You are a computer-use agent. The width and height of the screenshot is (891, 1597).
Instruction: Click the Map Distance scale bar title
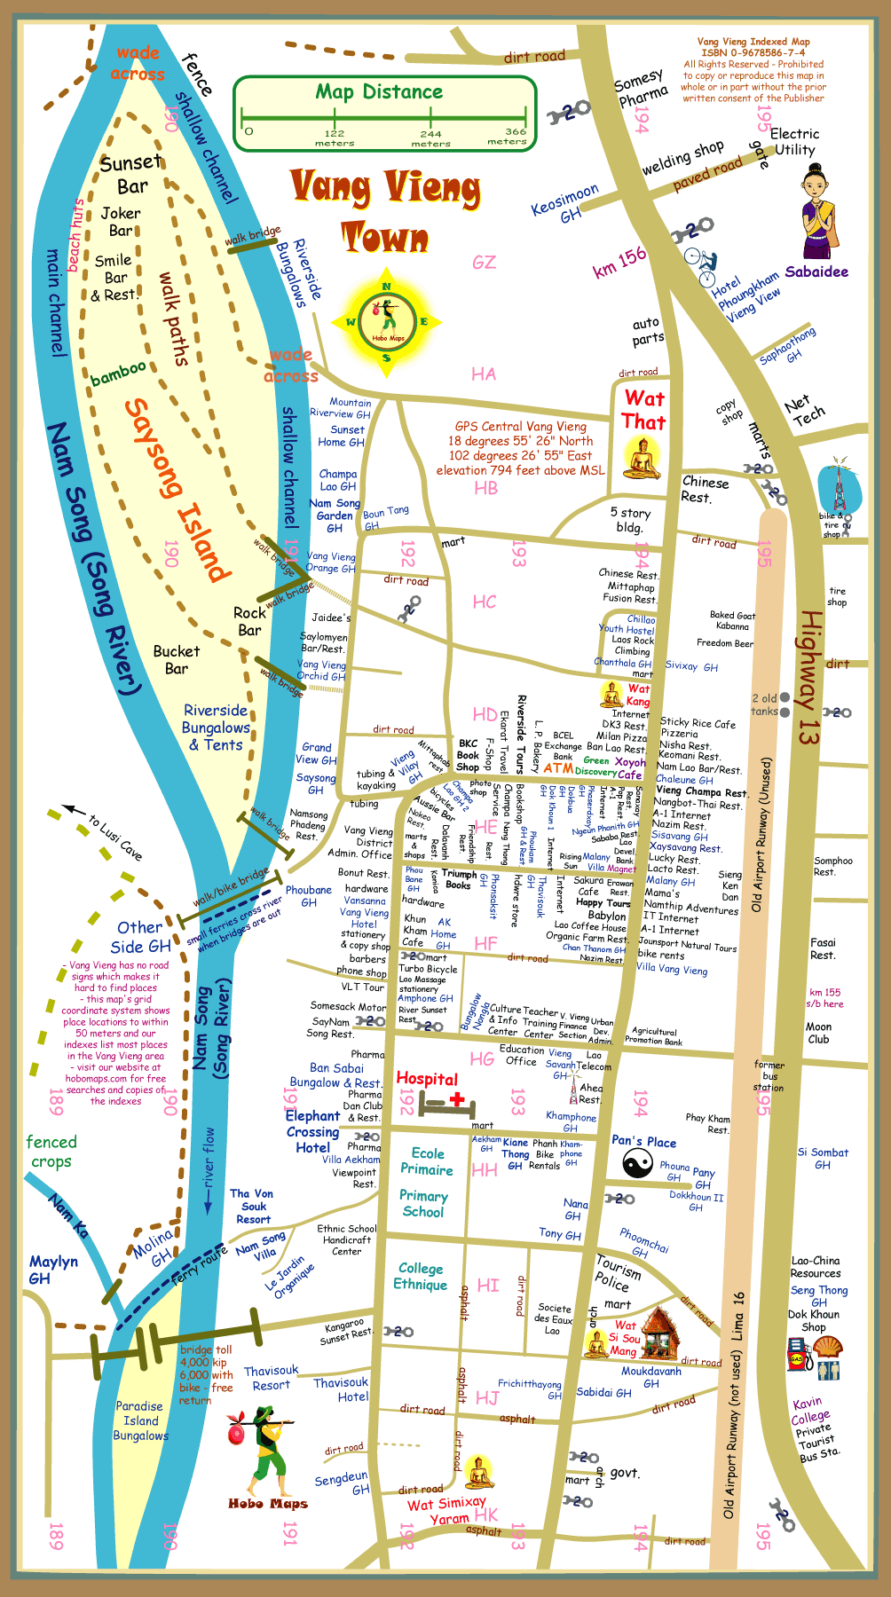click(379, 92)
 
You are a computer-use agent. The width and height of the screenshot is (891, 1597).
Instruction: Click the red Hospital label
click(427, 1079)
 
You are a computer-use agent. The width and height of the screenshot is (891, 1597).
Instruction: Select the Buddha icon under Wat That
click(643, 459)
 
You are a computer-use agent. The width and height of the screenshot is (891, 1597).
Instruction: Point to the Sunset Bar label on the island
click(131, 174)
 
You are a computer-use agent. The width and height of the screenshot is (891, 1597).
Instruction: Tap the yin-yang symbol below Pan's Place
click(637, 1163)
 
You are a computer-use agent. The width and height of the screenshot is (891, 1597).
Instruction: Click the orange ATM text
click(558, 768)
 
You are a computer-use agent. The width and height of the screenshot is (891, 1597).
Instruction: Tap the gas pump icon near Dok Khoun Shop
click(796, 1357)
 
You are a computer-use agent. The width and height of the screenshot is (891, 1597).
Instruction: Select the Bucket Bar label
click(177, 659)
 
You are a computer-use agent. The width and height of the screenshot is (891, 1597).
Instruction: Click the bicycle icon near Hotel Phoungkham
click(700, 261)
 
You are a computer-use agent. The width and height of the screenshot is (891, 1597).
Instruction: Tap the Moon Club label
click(818, 1033)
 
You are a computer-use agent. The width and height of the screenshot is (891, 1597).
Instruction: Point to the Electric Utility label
click(794, 141)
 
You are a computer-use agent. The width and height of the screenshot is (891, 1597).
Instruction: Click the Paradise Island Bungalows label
click(140, 1420)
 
